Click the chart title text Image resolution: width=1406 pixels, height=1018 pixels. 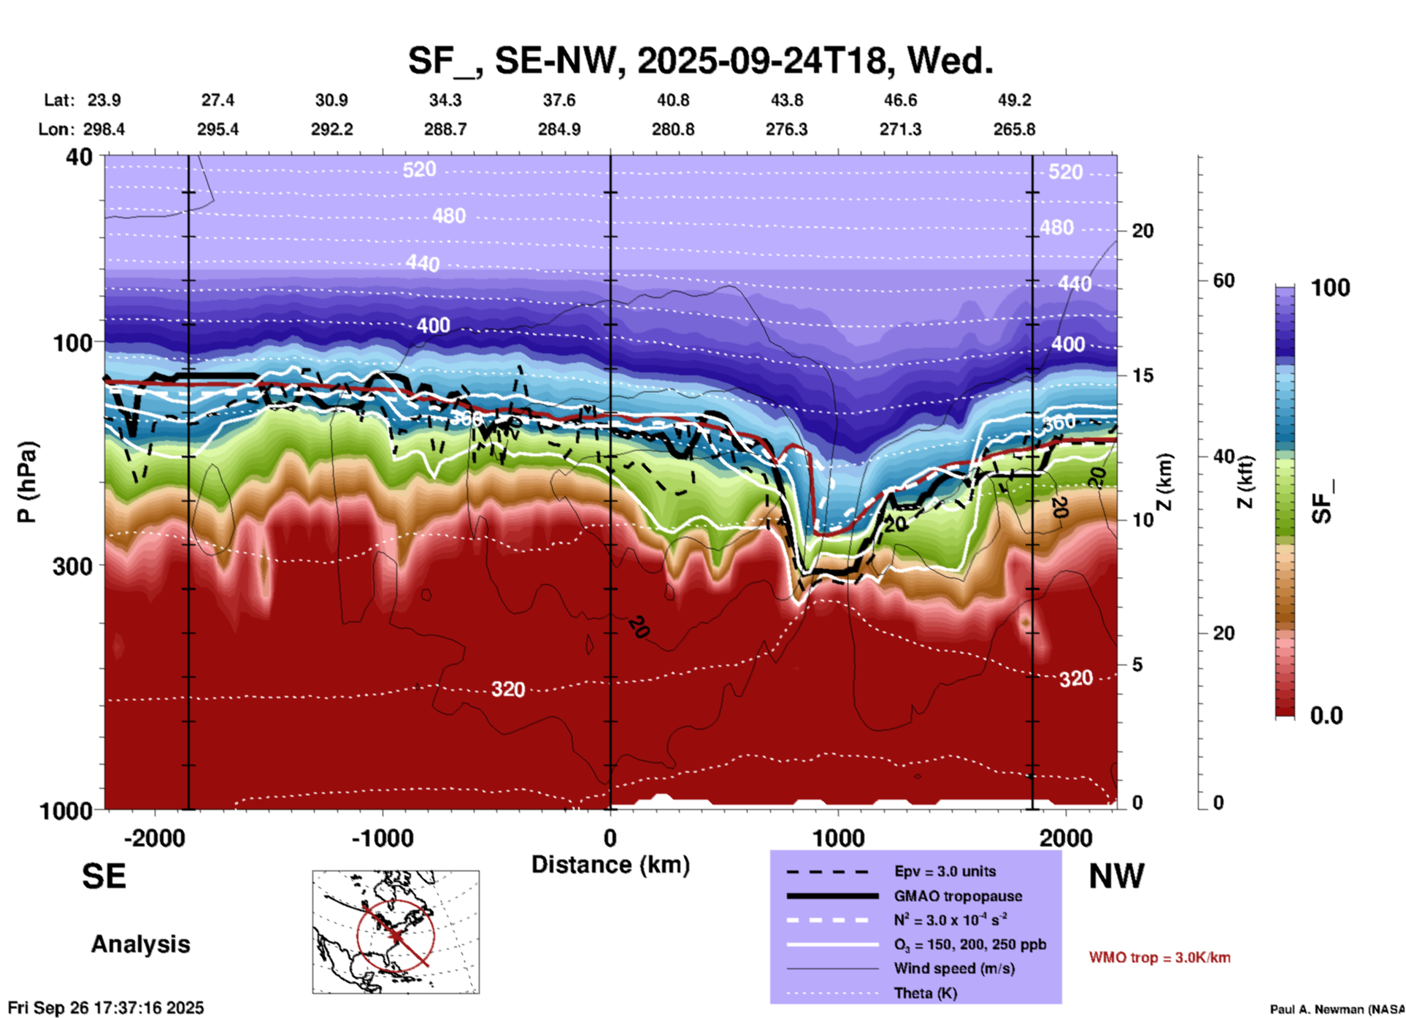700,61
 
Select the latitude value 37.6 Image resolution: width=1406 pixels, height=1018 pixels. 559,100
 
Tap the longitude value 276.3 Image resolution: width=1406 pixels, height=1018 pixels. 786,129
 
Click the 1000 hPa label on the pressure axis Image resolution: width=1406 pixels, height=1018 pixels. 66,810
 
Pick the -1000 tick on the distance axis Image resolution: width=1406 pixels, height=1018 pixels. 383,838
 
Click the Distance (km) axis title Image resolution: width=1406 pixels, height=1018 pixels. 610,865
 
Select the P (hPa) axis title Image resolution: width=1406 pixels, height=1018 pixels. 27,482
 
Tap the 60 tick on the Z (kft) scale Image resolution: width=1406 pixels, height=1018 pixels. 1223,280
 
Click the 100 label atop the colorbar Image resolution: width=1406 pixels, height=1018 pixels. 1330,288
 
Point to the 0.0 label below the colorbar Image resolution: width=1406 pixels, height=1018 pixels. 1326,715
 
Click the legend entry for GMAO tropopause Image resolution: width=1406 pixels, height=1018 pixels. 958,896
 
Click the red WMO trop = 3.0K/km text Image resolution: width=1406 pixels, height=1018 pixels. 1159,957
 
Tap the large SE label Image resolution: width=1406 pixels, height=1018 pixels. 104,876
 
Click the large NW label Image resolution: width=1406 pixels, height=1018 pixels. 1116,876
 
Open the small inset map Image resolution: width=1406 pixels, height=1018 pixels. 396,932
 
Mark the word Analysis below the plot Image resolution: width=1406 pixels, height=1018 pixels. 140,944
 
